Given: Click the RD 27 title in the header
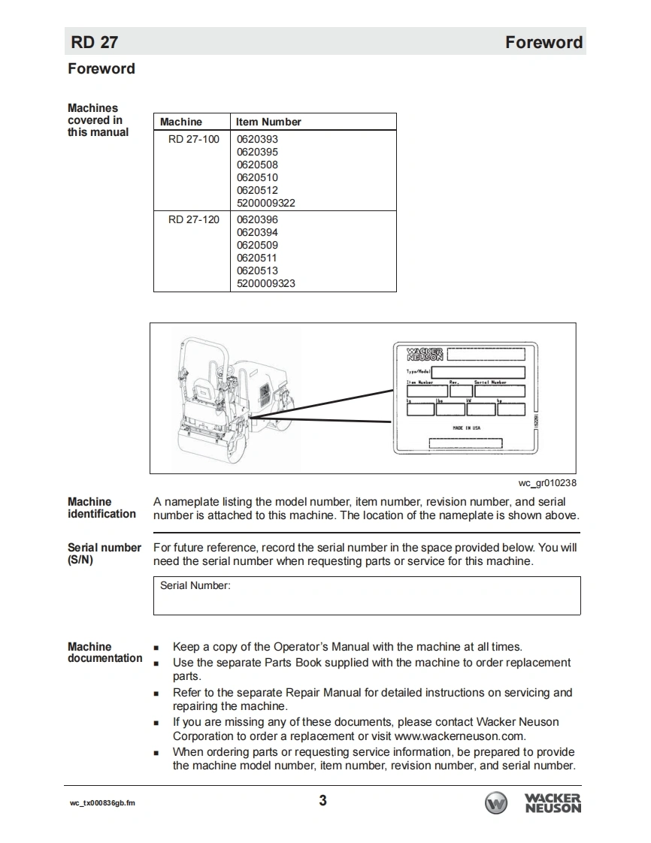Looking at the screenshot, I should click(94, 42).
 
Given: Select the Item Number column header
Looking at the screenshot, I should click(268, 122).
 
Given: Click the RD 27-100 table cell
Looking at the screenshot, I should click(194, 139).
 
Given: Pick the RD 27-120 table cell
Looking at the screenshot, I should click(194, 219).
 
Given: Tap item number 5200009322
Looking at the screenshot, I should click(266, 203).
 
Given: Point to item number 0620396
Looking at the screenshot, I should click(257, 219).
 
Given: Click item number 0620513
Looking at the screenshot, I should click(257, 270).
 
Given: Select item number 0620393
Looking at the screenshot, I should click(257, 139).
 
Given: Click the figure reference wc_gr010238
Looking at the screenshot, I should click(547, 483).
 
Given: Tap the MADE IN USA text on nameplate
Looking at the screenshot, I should click(466, 428).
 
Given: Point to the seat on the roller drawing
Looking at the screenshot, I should click(201, 391).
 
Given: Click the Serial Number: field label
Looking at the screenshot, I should click(195, 586).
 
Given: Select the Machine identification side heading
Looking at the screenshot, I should click(101, 508).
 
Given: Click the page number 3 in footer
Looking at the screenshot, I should click(323, 800).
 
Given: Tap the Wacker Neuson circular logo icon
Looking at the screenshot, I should click(496, 803).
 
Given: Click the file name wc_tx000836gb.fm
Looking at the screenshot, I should click(103, 803).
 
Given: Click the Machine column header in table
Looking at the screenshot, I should click(181, 122).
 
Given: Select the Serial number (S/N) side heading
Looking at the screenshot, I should click(104, 554).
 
